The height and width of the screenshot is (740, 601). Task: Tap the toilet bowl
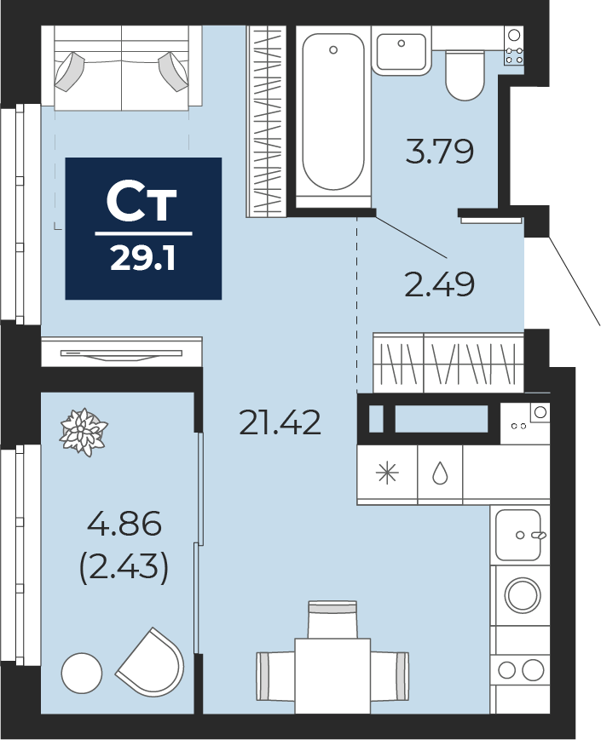click(465, 75)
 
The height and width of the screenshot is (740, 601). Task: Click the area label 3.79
click(439, 152)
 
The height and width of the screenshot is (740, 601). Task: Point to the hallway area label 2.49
click(439, 284)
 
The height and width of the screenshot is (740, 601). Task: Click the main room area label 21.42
click(280, 422)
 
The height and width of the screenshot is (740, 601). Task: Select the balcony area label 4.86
click(124, 524)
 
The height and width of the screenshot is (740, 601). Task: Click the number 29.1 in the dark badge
click(143, 259)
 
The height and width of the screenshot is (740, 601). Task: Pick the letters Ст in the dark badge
click(142, 204)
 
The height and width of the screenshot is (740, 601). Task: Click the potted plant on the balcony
click(84, 433)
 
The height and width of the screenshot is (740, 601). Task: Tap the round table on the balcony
click(82, 674)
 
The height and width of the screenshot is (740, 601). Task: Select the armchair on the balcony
click(151, 660)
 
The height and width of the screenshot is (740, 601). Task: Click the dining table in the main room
click(332, 675)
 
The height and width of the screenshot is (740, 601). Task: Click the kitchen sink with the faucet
click(519, 535)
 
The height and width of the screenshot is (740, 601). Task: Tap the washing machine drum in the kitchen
click(522, 594)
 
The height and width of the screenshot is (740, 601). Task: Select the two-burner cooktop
click(521, 669)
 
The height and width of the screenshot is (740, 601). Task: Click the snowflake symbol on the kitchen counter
click(387, 473)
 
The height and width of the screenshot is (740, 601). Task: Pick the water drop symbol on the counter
click(441, 473)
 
